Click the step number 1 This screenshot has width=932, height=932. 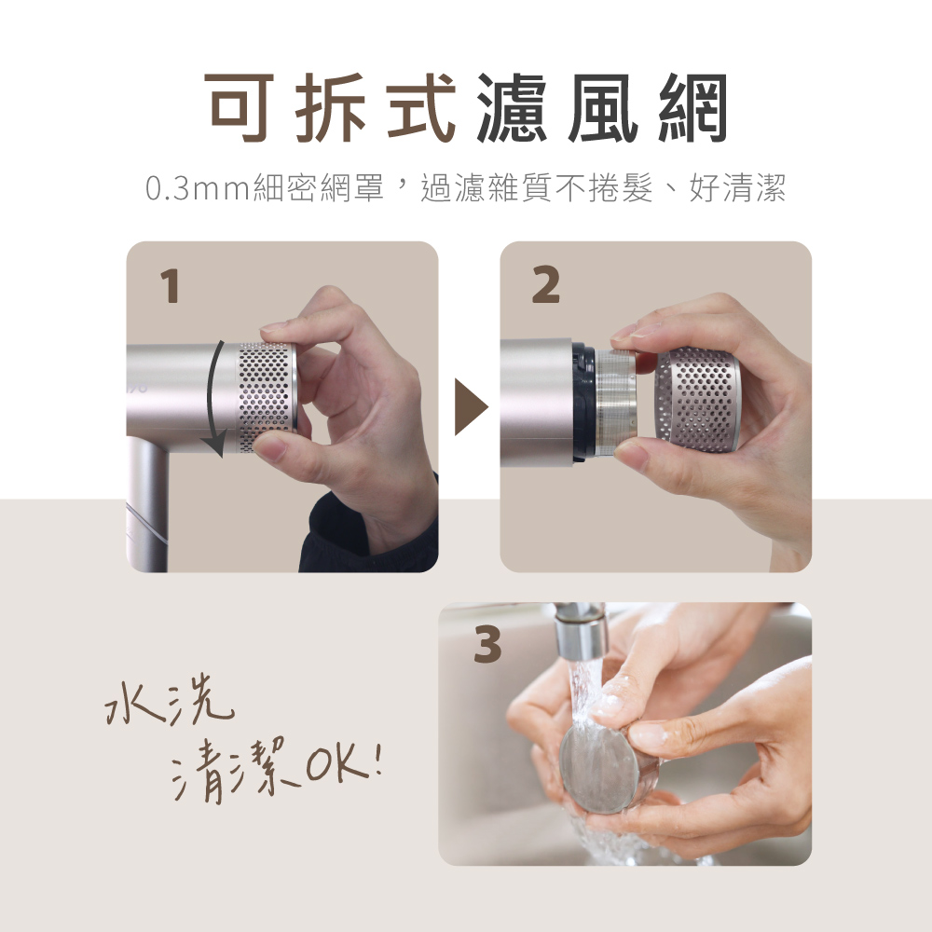[171, 286]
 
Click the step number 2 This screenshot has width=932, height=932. [545, 285]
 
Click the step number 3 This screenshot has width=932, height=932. [487, 646]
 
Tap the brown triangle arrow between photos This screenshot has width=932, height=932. [470, 406]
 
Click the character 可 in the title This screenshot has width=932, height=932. [240, 107]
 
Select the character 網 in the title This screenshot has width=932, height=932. [692, 107]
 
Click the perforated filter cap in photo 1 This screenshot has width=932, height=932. [267, 397]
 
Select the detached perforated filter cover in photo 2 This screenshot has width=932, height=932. [698, 401]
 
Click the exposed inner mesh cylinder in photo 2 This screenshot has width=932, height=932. [616, 403]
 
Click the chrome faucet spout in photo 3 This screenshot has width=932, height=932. [580, 631]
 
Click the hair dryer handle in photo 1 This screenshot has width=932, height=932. [147, 504]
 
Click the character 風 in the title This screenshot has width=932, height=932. [603, 107]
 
